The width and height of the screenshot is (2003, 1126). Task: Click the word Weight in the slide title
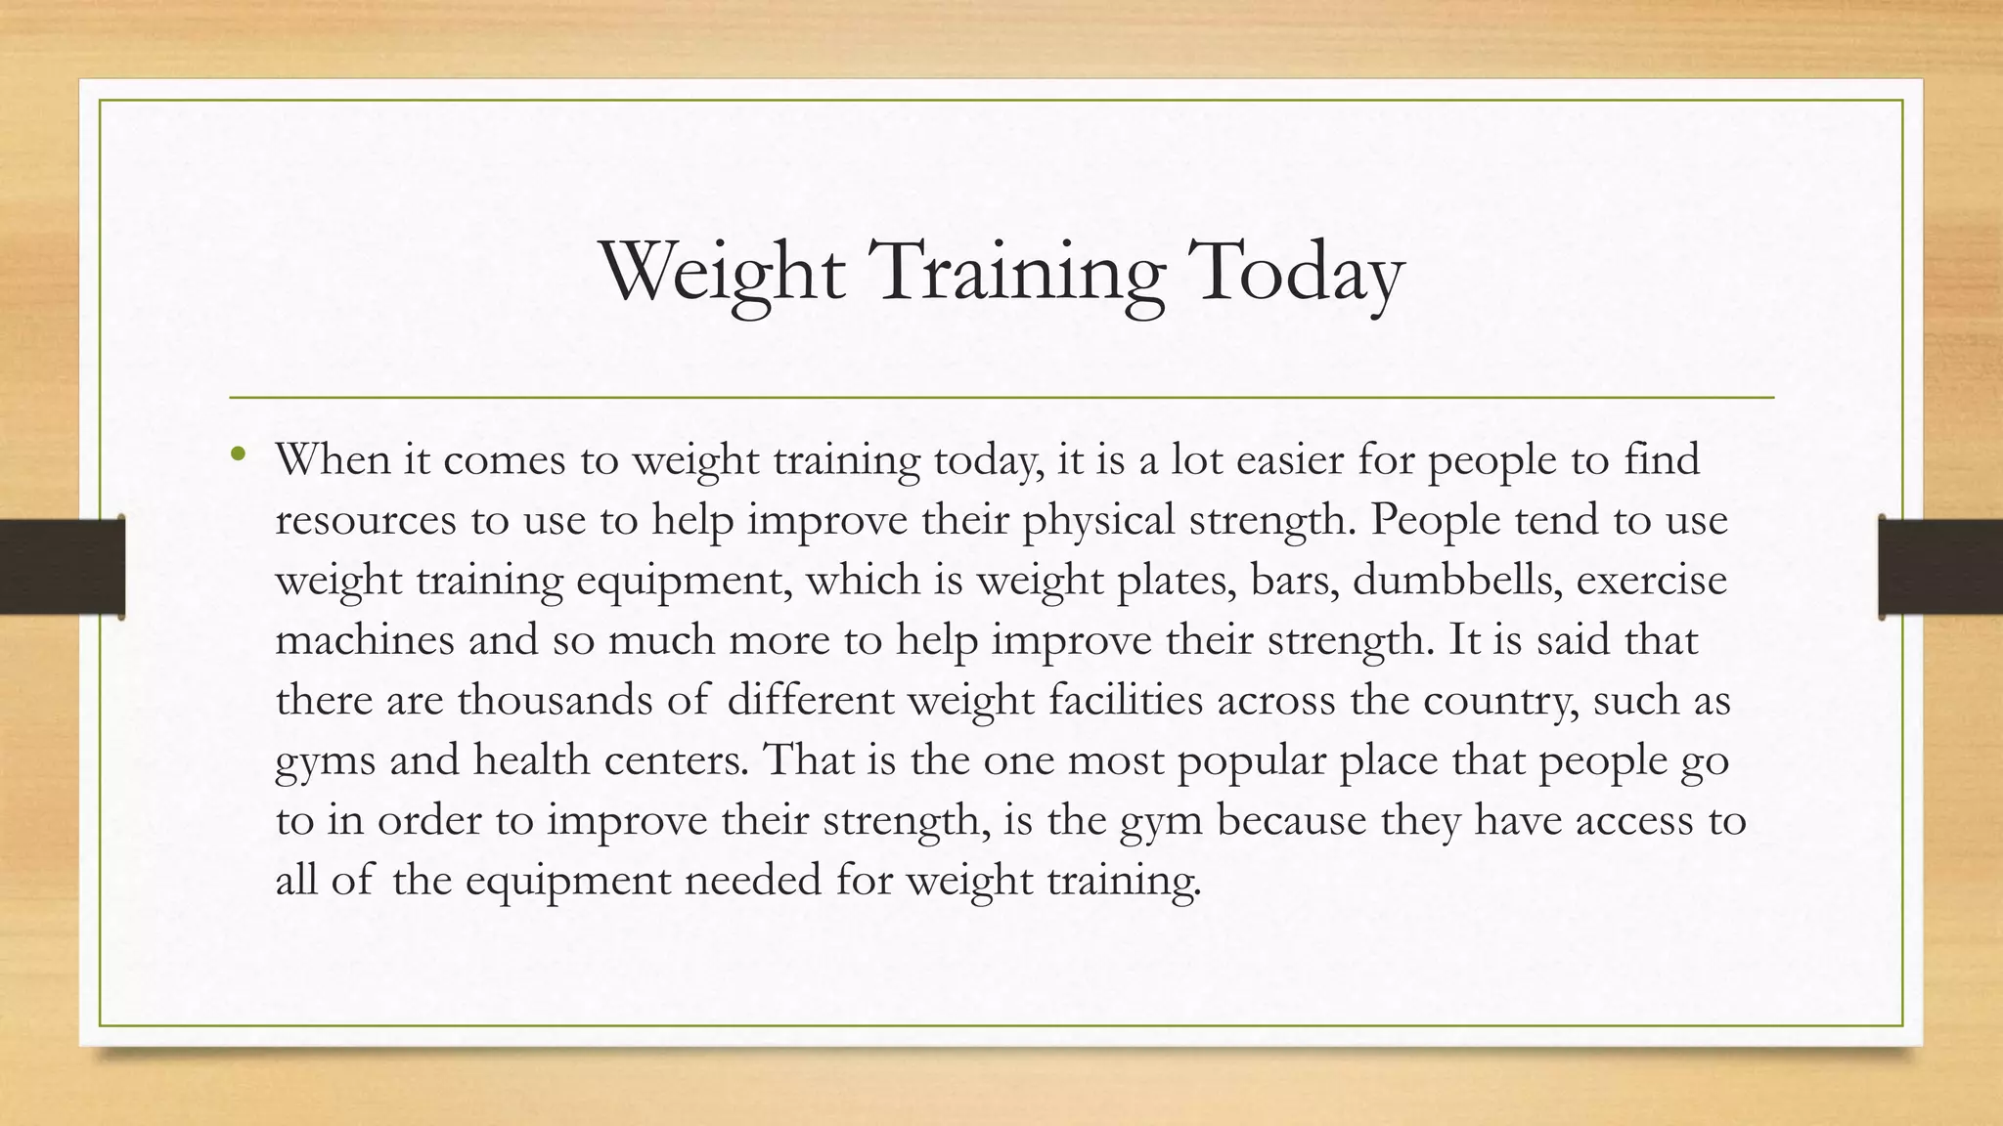tap(722, 271)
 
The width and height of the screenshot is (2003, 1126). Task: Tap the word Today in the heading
tap(1294, 271)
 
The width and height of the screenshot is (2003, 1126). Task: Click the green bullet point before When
tap(238, 455)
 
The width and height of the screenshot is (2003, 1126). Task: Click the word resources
tap(366, 520)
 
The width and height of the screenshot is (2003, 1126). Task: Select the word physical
tap(1097, 520)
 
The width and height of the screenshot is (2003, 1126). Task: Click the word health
tap(531, 760)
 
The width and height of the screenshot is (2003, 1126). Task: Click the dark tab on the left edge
tap(62, 567)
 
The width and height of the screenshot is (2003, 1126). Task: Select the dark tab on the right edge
tap(1940, 567)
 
